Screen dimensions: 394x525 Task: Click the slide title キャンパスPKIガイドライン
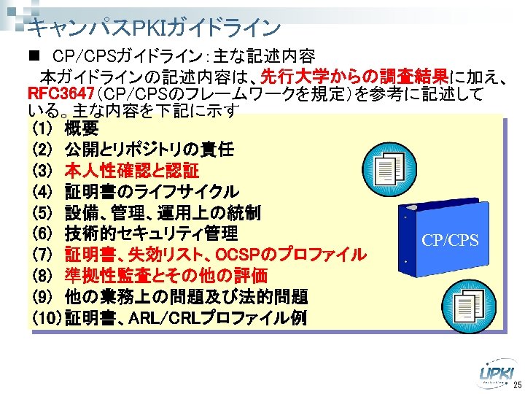coord(153,28)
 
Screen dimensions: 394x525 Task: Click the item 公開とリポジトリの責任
coord(149,150)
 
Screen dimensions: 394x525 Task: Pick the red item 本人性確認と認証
coord(131,171)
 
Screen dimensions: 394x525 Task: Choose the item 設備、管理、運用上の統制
coord(163,213)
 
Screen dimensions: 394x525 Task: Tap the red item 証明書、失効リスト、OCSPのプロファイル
coord(215,255)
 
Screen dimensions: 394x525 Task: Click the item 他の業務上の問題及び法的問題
coord(186,297)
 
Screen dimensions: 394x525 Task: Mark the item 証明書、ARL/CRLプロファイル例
coord(186,318)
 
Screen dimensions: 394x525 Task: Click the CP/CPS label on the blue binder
coord(450,240)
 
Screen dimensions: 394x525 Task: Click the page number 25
coord(516,385)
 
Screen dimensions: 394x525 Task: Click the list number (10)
coord(47,318)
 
